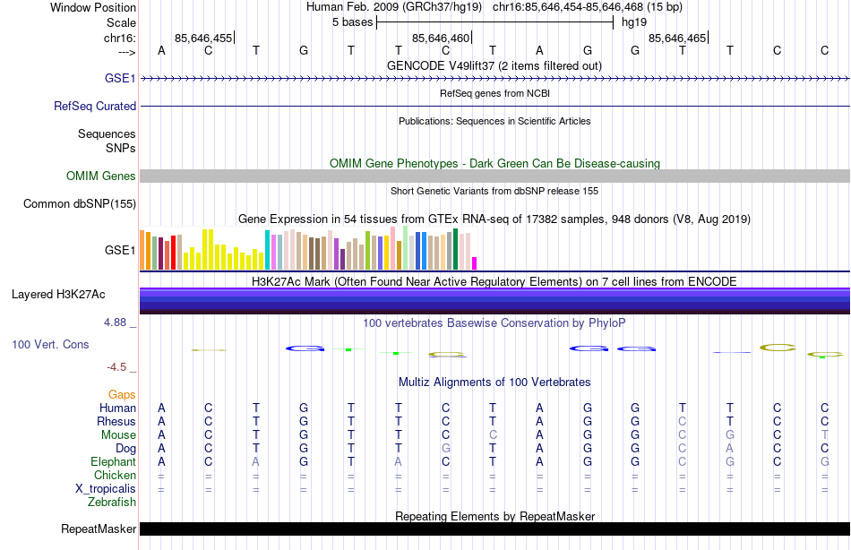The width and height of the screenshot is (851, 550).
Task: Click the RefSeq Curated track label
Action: pyautogui.click(x=95, y=106)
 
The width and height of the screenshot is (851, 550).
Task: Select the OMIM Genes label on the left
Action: pyautogui.click(x=100, y=176)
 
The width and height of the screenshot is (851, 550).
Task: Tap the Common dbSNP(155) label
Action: pyautogui.click(x=79, y=204)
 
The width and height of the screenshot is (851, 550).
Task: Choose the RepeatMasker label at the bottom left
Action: pyautogui.click(x=99, y=529)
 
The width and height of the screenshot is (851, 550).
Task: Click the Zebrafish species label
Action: pyautogui.click(x=113, y=503)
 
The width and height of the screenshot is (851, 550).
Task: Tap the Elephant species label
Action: pyautogui.click(x=114, y=462)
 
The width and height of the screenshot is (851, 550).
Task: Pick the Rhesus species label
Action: pyautogui.click(x=117, y=422)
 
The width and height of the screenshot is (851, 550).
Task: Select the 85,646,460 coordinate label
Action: pyautogui.click(x=440, y=39)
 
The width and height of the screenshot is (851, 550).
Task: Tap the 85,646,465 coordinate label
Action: pyautogui.click(x=676, y=39)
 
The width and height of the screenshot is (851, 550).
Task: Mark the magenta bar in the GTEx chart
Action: pyautogui.click(x=475, y=262)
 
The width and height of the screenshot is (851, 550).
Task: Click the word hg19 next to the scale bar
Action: pyautogui.click(x=634, y=22)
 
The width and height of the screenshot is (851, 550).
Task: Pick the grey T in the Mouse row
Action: pyautogui.click(x=825, y=435)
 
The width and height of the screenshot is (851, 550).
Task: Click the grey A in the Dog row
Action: pyautogui.click(x=730, y=449)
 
